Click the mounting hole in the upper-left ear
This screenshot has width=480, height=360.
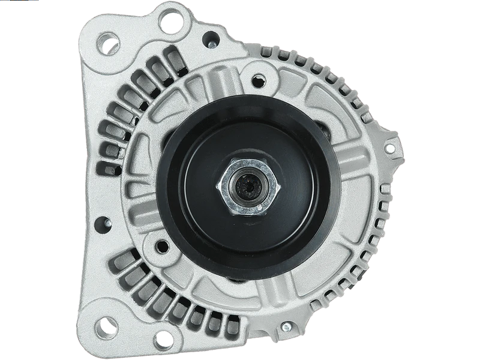pos(110,43)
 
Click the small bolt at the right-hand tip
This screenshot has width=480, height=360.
pos(391,148)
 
